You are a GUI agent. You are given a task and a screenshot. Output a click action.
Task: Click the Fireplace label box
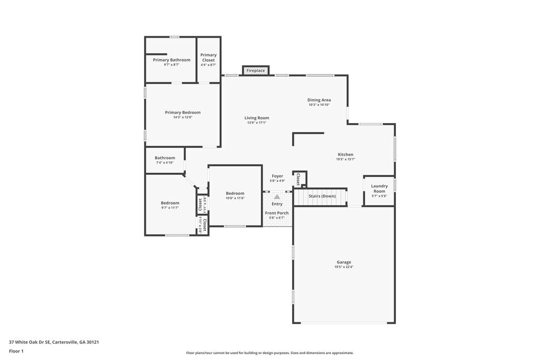pyautogui.click(x=256, y=71)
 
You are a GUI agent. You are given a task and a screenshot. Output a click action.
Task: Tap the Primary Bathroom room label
pyautogui.click(x=171, y=60)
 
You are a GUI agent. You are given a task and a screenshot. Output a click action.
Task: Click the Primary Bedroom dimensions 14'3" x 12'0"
pyautogui.click(x=183, y=117)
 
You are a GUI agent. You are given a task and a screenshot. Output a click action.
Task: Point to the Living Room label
pyautogui.click(x=256, y=118)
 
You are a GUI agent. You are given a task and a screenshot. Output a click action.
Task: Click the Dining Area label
pyautogui.click(x=319, y=100)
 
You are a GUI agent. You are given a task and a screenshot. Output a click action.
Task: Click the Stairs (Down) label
pyautogui.click(x=322, y=196)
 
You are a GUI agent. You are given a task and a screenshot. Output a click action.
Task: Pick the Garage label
pyautogui.click(x=344, y=262)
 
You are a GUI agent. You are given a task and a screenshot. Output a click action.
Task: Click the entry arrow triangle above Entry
pyautogui.click(x=277, y=197)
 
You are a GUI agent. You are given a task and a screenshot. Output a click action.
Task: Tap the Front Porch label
pyautogui.click(x=276, y=213)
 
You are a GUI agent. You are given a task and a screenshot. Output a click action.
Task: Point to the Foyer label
pyautogui.click(x=277, y=176)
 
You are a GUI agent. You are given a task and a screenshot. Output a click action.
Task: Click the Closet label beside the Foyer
pyautogui.click(x=298, y=179)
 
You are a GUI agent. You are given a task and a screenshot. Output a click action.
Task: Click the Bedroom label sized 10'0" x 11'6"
pyautogui.click(x=235, y=193)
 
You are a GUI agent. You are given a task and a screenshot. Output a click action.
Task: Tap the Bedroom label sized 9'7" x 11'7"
pyautogui.click(x=170, y=203)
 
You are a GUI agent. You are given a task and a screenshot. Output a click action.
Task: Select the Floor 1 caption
pyautogui.click(x=16, y=351)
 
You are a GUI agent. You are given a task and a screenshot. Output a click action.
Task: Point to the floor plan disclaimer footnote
pyautogui.click(x=270, y=353)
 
